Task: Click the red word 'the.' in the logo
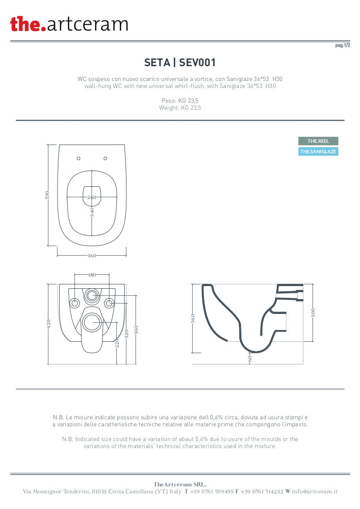(x=28, y=24)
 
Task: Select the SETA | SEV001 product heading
(x=180, y=62)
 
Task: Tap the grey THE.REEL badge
(x=318, y=141)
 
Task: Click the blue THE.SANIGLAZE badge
(x=318, y=151)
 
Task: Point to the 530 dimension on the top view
(x=48, y=195)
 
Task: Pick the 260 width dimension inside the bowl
(x=92, y=197)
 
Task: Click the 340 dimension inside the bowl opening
(x=92, y=212)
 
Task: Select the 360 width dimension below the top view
(x=92, y=256)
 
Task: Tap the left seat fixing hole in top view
(x=78, y=158)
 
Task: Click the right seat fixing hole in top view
(x=105, y=158)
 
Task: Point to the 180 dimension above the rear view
(x=92, y=275)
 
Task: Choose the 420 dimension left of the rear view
(x=49, y=324)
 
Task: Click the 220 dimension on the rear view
(x=117, y=343)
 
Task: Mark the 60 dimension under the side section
(x=250, y=358)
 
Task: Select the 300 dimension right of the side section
(x=313, y=313)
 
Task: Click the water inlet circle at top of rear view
(x=92, y=296)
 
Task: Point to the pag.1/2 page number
(x=343, y=45)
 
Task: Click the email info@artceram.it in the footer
(x=315, y=492)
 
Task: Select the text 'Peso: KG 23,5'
(x=180, y=101)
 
